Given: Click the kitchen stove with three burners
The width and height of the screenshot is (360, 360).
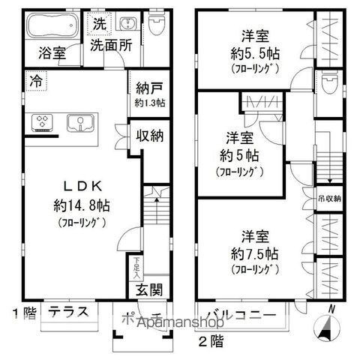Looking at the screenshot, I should [42, 122].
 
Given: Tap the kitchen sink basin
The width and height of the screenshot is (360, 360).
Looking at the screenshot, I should [79, 122].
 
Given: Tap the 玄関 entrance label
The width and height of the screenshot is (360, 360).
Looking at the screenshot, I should [148, 290].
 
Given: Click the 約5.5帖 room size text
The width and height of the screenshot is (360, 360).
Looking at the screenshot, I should [256, 54].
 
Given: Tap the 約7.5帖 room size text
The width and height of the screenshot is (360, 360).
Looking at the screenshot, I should [256, 253].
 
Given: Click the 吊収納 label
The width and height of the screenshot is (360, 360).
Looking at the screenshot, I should [328, 199].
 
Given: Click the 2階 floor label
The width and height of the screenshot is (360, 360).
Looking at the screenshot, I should [211, 341].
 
